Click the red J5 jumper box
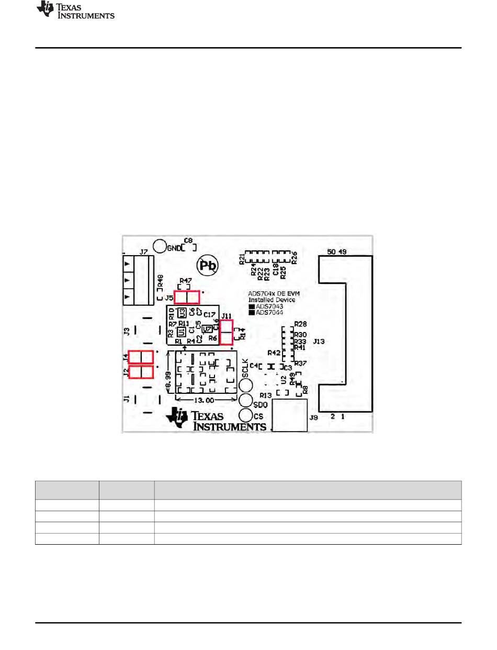pos(187,298)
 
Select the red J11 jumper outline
pos(227,332)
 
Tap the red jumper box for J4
pos(141,357)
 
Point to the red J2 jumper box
pos(141,372)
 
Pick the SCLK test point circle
pos(246,385)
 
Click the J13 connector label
pos(319,341)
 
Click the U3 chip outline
pos(182,313)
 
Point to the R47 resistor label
pos(186,281)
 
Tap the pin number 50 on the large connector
pos(332,251)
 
